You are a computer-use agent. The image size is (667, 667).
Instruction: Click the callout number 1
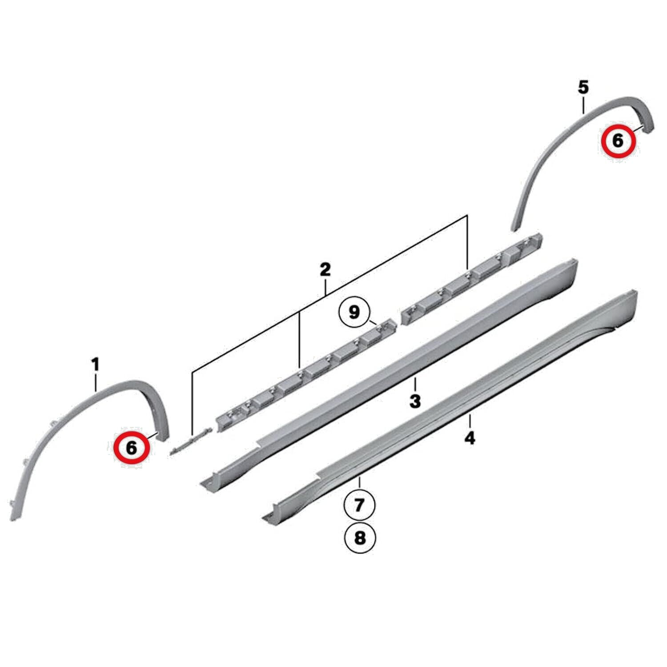[x=96, y=366]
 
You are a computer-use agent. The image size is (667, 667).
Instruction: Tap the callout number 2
[x=325, y=269]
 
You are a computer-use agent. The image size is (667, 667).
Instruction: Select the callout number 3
[x=415, y=401]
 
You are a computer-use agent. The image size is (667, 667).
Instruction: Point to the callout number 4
[x=470, y=438]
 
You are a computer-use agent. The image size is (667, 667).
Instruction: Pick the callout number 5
[x=583, y=88]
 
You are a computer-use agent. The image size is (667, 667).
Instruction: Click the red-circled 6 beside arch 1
[x=132, y=447]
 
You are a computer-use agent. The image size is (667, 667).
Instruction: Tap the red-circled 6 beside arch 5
[x=618, y=141]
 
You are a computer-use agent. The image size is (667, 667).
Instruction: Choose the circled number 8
[x=360, y=538]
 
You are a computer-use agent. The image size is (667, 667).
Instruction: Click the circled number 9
[x=354, y=312]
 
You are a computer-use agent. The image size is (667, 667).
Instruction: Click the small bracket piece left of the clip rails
[x=190, y=441]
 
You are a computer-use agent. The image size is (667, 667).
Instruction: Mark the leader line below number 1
[x=96, y=383]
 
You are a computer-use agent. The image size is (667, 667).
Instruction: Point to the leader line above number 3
[x=415, y=384]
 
